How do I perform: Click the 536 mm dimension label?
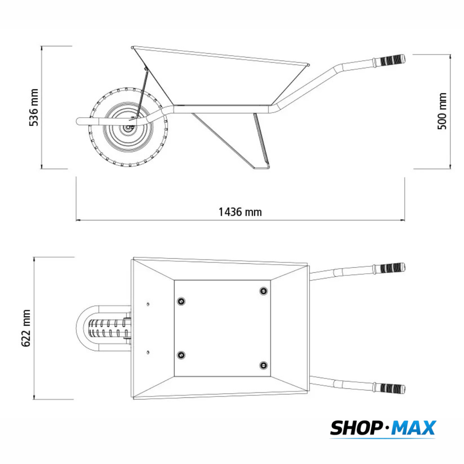(34, 107)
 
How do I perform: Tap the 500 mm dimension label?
(442, 111)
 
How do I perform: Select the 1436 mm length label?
(240, 212)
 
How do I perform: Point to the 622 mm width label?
(26, 328)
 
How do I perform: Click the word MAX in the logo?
(414, 428)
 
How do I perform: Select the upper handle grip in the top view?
(389, 268)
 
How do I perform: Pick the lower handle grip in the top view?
(389, 388)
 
